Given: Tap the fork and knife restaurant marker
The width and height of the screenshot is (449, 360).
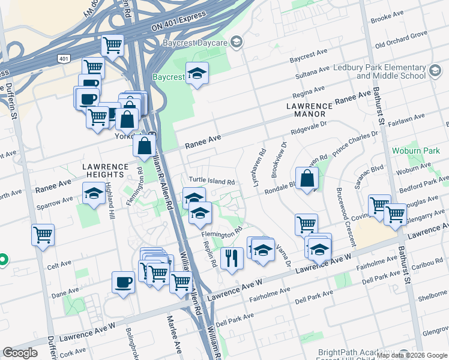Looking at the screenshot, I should [x=231, y=258].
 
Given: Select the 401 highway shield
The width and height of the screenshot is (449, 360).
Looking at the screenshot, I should [x=64, y=58].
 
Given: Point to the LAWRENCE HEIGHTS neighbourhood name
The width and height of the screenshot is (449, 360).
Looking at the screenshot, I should [x=106, y=170].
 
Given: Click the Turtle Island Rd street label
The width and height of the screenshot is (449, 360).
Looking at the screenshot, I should [x=211, y=181].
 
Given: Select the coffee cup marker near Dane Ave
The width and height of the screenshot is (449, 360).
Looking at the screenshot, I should [x=123, y=281].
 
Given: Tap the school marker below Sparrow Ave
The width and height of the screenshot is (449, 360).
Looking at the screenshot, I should [x=93, y=194].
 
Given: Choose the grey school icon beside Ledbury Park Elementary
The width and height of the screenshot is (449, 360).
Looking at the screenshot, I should [x=435, y=72].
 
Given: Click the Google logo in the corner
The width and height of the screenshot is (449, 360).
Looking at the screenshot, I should [x=20, y=352].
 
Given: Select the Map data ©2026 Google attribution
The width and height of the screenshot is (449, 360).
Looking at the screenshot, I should [x=412, y=355].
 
